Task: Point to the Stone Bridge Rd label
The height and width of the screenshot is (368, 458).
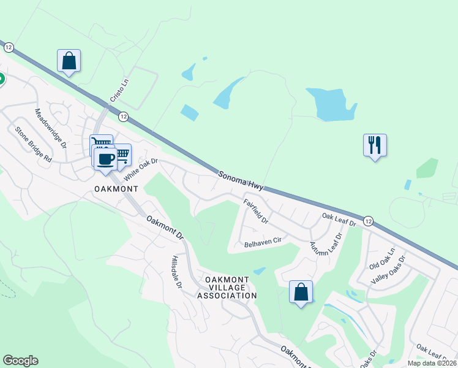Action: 34,144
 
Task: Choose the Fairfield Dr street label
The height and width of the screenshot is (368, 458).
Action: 255,209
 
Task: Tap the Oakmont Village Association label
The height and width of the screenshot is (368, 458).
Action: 227,288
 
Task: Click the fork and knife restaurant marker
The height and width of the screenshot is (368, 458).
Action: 375,145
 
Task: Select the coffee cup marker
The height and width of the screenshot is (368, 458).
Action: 105,158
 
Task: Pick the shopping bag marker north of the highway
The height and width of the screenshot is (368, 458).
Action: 69,61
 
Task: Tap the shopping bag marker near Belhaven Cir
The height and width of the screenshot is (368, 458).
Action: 301,292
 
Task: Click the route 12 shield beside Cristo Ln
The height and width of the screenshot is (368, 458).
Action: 123,116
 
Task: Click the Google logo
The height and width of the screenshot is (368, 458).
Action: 20,361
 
